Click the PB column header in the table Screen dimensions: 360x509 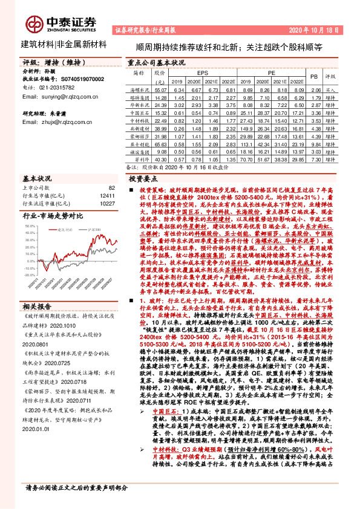(313, 77)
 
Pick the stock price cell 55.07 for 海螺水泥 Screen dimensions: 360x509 (160, 89)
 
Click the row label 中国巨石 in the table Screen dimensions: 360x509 (140, 112)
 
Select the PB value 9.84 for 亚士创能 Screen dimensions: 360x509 (313, 144)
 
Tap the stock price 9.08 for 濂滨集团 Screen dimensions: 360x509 (160, 152)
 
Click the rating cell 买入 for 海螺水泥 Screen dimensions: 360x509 (330, 89)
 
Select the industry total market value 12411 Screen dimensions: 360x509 (107, 196)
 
